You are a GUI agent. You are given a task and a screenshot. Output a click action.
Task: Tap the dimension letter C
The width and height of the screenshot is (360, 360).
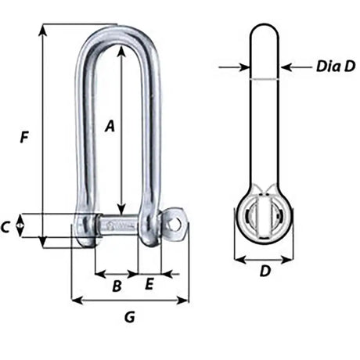[x=7, y=228]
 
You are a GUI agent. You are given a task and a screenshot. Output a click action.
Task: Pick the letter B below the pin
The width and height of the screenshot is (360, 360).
[x=116, y=286]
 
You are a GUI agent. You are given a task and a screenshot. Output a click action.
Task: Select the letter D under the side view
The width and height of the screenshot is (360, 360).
[x=265, y=272]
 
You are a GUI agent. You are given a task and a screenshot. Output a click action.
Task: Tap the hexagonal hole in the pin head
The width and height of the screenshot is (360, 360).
[x=175, y=225]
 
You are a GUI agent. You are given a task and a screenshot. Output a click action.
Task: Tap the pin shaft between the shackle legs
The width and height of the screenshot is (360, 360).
[x=117, y=226]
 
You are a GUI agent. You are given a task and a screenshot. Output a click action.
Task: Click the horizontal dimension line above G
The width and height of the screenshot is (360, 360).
[x=130, y=300]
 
